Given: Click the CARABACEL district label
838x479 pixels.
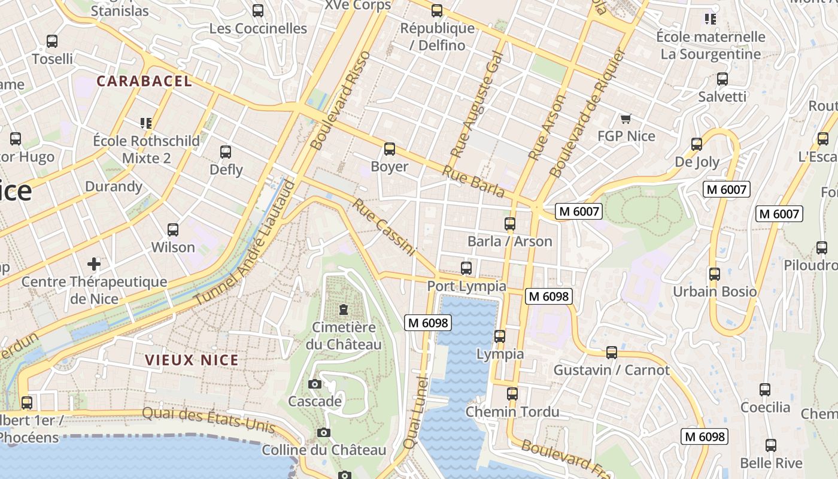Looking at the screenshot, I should tap(144, 81).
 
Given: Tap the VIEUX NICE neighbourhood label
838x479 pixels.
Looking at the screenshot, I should tap(192, 360).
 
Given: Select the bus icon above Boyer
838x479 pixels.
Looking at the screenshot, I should tap(390, 148).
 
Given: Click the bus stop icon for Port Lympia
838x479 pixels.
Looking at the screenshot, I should tap(466, 268).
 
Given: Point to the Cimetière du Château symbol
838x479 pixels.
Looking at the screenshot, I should tap(344, 310).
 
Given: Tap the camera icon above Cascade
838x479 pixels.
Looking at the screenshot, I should tap(315, 384).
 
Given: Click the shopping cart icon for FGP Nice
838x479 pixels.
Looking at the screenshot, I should tap(626, 119).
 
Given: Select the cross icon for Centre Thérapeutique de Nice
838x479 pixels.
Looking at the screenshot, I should tap(94, 263).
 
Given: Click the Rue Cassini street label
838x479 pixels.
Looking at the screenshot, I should tap(384, 228).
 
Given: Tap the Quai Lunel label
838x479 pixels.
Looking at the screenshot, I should tap(415, 413).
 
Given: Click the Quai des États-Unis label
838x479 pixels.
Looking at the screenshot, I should tap(208, 420).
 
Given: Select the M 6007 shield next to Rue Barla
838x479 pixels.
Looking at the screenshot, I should tap(579, 211).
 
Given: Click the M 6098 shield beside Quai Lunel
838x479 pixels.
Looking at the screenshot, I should tap(427, 323).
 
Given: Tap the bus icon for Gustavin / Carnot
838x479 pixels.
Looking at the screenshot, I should tap(612, 353).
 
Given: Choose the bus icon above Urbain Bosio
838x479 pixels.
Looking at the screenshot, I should tap(714, 274).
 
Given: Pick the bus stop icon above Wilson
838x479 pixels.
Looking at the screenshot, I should tap(173, 229).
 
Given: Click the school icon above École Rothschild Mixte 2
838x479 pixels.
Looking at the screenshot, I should tap(146, 123).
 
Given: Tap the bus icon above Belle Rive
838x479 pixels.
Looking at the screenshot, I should tap(771, 445).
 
